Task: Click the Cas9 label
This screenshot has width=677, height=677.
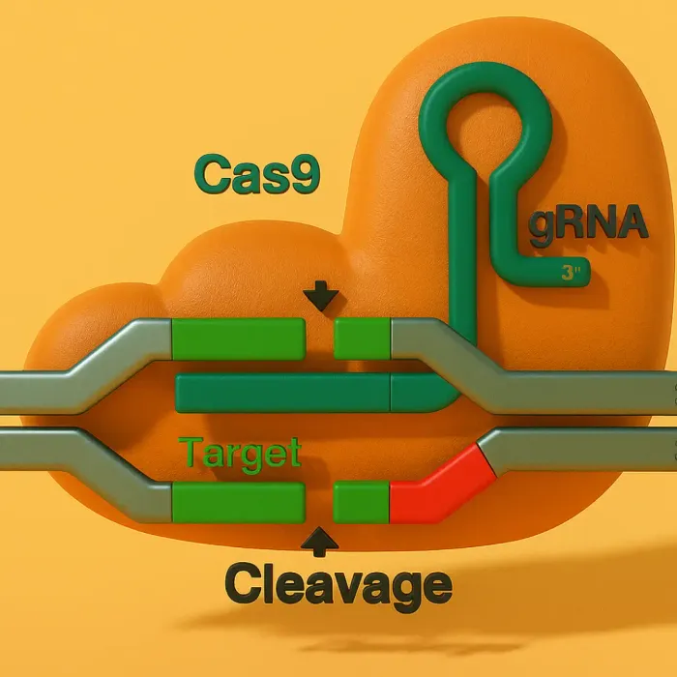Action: tap(256, 175)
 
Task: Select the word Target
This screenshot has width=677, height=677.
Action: tap(240, 453)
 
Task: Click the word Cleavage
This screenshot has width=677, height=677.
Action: tap(338, 584)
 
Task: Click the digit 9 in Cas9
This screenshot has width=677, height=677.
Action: tap(303, 175)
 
